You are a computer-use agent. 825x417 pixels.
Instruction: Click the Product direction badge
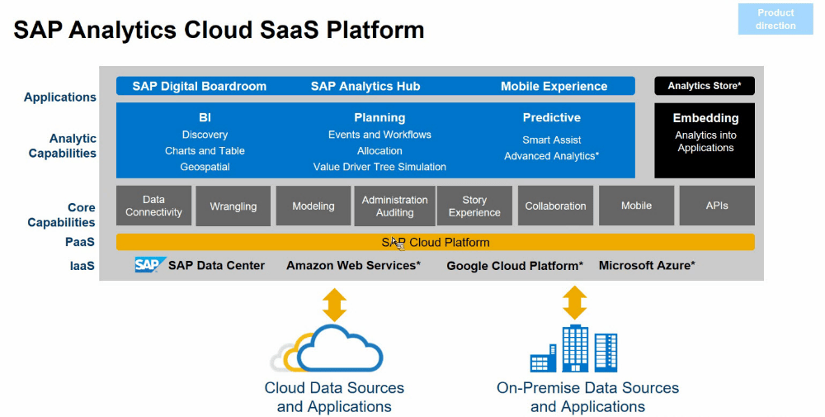point(775,19)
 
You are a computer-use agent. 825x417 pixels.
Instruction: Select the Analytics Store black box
point(704,86)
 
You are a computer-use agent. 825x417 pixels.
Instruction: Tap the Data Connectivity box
point(153,206)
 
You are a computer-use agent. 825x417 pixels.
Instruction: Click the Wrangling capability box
point(233,206)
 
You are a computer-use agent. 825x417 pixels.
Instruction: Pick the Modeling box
point(313,206)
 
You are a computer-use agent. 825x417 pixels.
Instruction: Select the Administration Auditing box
point(394,206)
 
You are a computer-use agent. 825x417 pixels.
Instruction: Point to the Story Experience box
point(474,206)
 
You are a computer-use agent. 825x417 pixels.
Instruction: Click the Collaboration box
point(555,206)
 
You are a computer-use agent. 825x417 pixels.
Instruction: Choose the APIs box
point(716,206)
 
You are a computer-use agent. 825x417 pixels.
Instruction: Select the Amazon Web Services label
point(353,266)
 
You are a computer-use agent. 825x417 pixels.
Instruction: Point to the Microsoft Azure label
point(647,266)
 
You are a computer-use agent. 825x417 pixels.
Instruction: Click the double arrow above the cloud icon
point(334,304)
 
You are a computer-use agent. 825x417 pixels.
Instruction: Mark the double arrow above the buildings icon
point(574,303)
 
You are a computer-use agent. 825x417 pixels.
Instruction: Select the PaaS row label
point(80,243)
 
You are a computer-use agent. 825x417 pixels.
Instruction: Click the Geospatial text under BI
point(205,167)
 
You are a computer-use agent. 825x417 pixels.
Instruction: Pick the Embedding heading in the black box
point(705,118)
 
